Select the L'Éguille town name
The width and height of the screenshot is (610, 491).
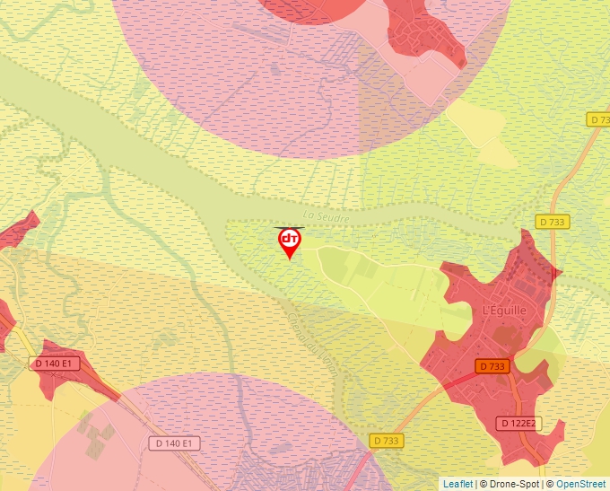pyautogui.click(x=504, y=311)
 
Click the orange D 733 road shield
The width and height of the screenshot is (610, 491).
pyautogui.click(x=492, y=366)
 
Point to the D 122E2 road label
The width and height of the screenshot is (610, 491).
pyautogui.click(x=519, y=423)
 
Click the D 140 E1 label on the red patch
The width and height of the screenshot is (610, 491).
pyautogui.click(x=56, y=364)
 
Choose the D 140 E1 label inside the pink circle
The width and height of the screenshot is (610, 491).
pyautogui.click(x=176, y=443)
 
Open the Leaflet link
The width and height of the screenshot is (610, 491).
pyautogui.click(x=457, y=484)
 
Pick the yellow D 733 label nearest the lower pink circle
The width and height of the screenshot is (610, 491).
pyautogui.click(x=386, y=440)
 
